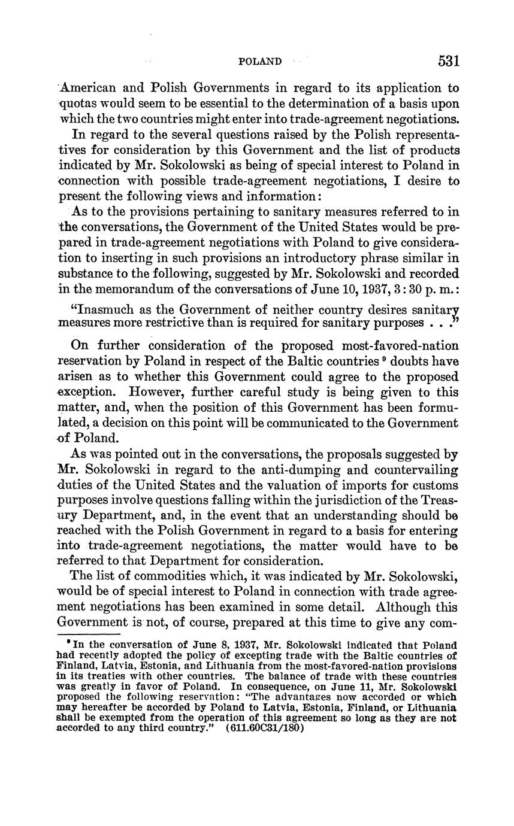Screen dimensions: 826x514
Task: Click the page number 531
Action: tap(448, 61)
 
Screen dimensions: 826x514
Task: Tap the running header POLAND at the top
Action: tap(260, 62)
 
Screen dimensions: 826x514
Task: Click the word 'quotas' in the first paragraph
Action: tap(77, 103)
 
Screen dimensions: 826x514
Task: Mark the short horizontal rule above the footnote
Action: tap(89, 634)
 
